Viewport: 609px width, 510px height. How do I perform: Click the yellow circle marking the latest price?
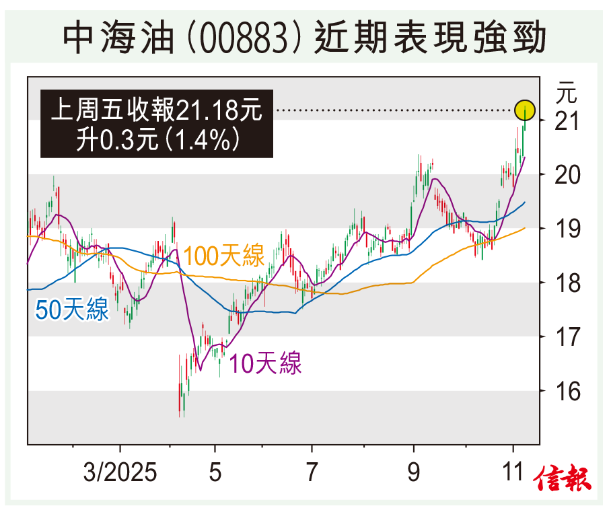525,109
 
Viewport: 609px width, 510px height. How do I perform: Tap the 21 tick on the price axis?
567,122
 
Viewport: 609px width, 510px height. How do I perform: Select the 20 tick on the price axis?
567,176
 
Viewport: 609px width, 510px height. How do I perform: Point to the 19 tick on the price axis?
567,229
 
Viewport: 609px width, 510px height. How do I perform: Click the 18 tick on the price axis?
567,283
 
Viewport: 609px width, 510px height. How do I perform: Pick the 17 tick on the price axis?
567,336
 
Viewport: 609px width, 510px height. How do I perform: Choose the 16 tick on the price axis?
567,390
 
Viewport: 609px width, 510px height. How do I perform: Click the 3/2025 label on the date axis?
120,472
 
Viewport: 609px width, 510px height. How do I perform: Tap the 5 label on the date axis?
215,472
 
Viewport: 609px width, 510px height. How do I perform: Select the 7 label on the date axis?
312,472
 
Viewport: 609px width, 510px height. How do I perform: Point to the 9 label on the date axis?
413,472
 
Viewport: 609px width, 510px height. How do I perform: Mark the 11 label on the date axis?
513,472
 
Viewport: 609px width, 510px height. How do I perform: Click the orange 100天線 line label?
223,256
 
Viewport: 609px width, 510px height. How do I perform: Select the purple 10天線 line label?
265,363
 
